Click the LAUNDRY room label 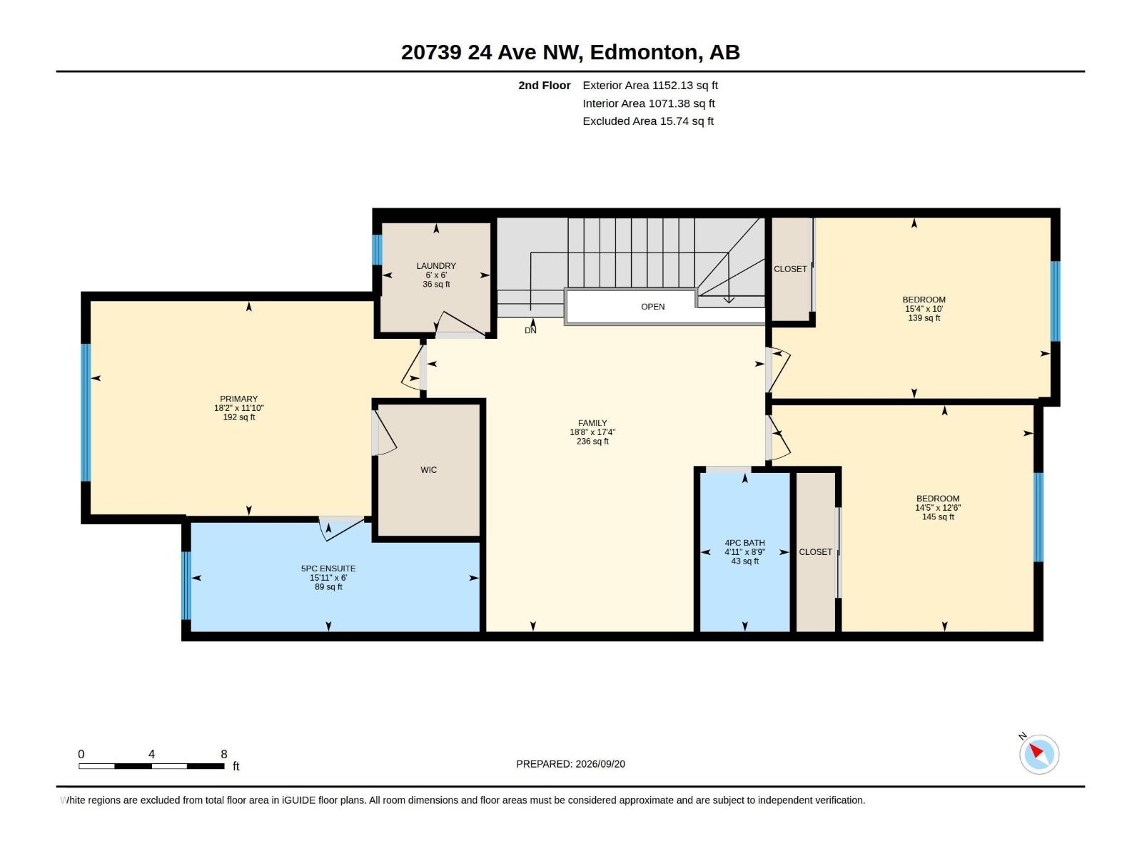tap(436, 265)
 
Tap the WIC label tap(428, 470)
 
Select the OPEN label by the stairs tap(652, 307)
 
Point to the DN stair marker tap(530, 330)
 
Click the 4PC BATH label tap(744, 543)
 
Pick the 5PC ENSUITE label tap(328, 569)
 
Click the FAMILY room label tap(592, 423)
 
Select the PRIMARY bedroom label tap(239, 399)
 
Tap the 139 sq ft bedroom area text tap(924, 318)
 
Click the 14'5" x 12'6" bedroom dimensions tap(938, 508)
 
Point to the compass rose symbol tap(1039, 754)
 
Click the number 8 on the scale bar tap(223, 754)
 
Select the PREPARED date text tap(570, 764)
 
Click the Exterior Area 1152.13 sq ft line tap(650, 85)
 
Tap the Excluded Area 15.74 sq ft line tap(648, 121)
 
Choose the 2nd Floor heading tap(544, 85)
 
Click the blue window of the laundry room tap(377, 250)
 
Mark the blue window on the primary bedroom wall tap(86, 413)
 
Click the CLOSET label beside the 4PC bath tap(815, 552)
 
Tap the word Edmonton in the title tap(644, 53)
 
